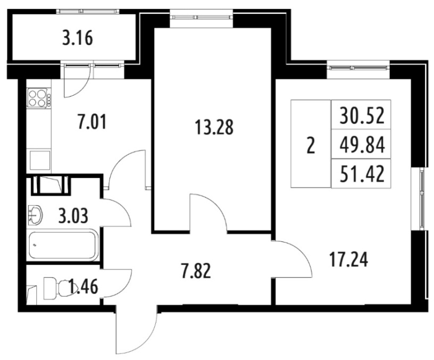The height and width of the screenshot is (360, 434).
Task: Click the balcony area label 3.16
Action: click(x=78, y=38)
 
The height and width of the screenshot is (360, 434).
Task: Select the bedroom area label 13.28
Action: click(x=214, y=127)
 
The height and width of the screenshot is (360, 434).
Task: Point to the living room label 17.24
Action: click(x=349, y=260)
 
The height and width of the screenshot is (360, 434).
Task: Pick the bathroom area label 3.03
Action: click(x=73, y=216)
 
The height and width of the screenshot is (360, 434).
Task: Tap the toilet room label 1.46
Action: click(x=84, y=287)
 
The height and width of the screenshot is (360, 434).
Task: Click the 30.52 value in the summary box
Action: click(x=362, y=116)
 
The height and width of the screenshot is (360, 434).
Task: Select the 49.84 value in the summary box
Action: click(x=362, y=145)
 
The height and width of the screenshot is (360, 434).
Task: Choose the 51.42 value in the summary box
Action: click(x=362, y=174)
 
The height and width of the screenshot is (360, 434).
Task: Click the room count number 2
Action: click(x=311, y=146)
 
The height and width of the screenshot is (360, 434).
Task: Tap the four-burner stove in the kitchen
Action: click(x=39, y=98)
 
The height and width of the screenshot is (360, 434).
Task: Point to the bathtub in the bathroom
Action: click(x=63, y=245)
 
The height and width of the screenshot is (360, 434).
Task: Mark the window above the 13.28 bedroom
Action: click(x=201, y=17)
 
